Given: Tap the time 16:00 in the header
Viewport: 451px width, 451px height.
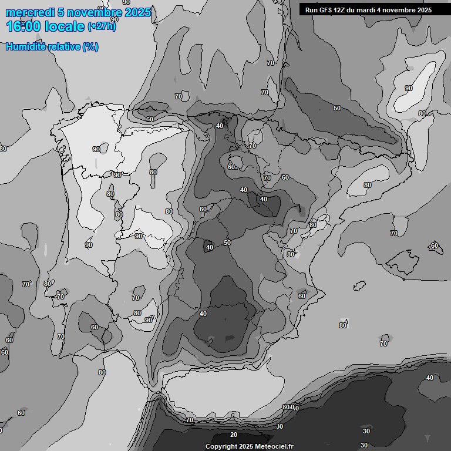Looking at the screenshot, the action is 23,27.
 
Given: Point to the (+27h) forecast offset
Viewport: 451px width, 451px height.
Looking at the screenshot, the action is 102,26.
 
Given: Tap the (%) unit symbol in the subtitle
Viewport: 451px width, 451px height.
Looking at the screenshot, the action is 90,47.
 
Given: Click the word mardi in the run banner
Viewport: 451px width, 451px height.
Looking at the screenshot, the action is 373,10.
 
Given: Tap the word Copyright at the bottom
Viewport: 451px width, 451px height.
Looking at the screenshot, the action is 221,447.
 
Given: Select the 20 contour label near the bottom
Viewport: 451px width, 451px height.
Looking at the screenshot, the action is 234,435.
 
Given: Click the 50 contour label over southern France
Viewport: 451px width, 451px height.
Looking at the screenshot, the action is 336,108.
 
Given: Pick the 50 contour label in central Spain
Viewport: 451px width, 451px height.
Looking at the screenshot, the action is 227,243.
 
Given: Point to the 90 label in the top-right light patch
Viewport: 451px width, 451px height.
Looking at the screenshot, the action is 409,88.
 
